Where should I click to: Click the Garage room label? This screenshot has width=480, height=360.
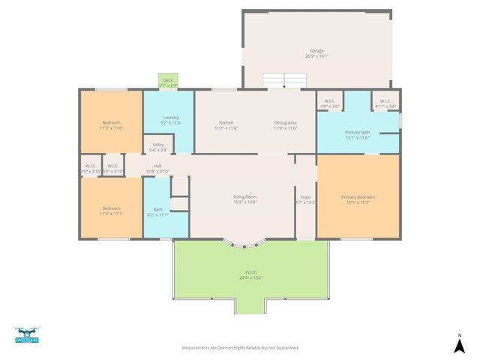pos(316,53)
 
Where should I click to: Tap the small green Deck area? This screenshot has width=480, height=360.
pos(168,82)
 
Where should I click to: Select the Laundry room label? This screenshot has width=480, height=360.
pos(170,120)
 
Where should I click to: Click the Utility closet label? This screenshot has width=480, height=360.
pos(158,147)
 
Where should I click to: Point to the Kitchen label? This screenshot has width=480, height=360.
pos(226,125)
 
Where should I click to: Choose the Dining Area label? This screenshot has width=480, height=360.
pos(285,125)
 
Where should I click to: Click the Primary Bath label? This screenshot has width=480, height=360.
pos(357,134)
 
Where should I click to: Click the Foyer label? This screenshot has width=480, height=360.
pos(305,199)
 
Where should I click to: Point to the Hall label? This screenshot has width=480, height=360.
pos(157,168)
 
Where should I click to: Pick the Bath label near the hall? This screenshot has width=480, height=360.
pos(157,211)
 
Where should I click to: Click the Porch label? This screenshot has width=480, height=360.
pos(250,274)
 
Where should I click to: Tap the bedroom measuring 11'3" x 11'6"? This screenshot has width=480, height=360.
pos(111,125)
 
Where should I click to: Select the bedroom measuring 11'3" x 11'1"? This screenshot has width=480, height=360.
pos(111,211)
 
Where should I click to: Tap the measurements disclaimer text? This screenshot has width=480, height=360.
pos(240,348)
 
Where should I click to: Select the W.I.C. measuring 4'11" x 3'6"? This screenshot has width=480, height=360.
pos(385,103)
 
